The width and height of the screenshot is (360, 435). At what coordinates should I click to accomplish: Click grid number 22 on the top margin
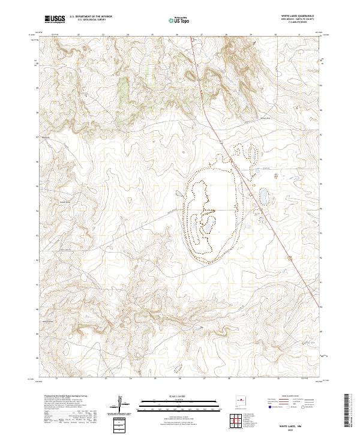point(79,35)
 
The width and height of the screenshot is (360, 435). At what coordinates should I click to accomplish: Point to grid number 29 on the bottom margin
point(253,379)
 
